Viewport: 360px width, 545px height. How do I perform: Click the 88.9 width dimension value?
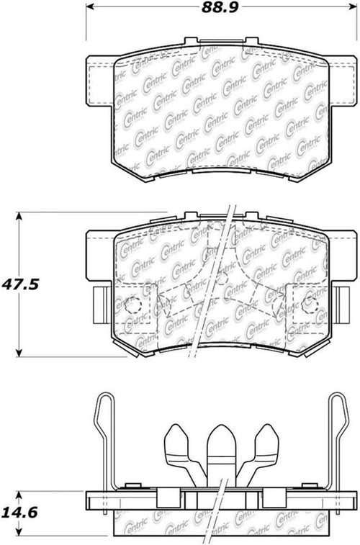pos(220,7)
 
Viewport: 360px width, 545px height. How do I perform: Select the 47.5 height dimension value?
pos(20,284)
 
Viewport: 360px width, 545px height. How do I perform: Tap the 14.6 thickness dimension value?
pos(20,513)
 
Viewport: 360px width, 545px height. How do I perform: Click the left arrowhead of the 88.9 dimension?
pos(90,6)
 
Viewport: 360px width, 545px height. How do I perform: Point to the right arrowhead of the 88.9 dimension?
pos(353,6)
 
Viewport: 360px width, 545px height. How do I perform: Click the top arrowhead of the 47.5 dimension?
pos(19,216)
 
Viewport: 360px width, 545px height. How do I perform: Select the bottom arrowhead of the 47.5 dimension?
pos(19,352)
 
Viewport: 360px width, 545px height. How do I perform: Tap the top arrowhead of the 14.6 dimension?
pos(19,495)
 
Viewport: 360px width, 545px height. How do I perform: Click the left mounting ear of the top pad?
pos(100,81)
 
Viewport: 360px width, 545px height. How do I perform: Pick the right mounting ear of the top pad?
pos(343,81)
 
